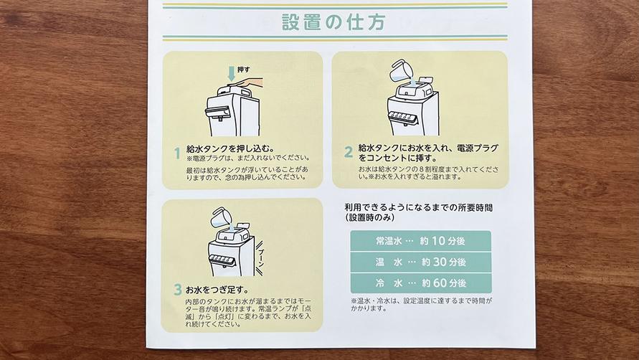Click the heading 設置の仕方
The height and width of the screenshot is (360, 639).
(x=333, y=22)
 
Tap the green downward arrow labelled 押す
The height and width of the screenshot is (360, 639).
(x=232, y=74)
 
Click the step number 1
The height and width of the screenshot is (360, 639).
(x=177, y=153)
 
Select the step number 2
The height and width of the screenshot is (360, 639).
(x=348, y=152)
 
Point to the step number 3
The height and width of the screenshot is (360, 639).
(x=178, y=290)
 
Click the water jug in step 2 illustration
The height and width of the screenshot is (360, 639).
(x=399, y=71)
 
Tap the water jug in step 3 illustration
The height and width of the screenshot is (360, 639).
(x=220, y=218)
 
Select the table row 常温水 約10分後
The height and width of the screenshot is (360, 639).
(x=420, y=241)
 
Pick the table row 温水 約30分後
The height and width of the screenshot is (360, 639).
(x=420, y=262)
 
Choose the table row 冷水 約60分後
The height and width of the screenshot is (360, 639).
(x=420, y=283)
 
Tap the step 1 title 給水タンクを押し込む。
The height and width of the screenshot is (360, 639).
(x=231, y=149)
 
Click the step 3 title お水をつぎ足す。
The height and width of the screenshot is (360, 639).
(x=217, y=290)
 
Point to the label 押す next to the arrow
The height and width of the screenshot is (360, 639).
(x=244, y=70)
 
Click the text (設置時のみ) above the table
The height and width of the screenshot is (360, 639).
(x=369, y=218)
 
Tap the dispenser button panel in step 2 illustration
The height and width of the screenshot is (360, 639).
(x=403, y=117)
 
